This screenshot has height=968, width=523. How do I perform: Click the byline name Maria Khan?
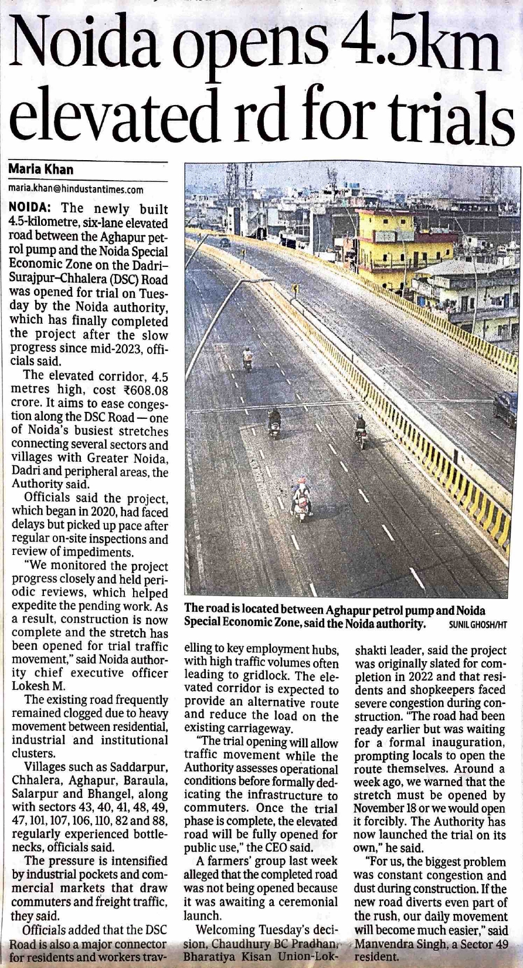point(41,170)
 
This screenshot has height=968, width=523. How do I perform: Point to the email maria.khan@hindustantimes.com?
point(76,189)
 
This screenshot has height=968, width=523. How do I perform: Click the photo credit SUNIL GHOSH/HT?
point(477,625)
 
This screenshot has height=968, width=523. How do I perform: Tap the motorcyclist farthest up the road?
point(248,358)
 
